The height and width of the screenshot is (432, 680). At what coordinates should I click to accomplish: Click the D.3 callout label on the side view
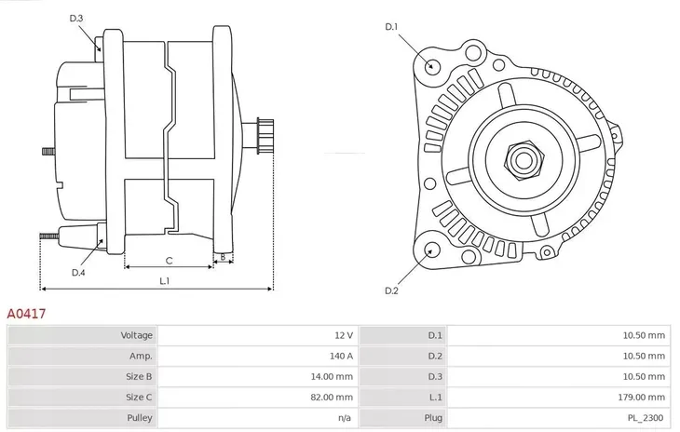click(76, 18)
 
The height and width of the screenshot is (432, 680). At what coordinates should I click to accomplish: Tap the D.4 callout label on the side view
click(78, 273)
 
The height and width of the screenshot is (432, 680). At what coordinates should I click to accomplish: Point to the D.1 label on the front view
click(391, 27)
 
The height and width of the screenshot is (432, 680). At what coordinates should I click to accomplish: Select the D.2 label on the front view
click(391, 290)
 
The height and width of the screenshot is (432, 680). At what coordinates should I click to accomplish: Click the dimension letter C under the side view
click(169, 261)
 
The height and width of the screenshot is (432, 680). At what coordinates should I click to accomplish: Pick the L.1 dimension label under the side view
click(164, 280)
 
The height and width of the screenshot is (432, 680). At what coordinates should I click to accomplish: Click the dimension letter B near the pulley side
click(222, 256)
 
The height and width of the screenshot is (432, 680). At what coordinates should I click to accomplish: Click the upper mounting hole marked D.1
click(431, 65)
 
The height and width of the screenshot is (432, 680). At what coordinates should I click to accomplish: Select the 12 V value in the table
click(344, 334)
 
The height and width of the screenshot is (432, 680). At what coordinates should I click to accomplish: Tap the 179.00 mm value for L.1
click(644, 398)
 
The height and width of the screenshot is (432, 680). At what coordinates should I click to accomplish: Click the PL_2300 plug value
click(647, 418)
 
